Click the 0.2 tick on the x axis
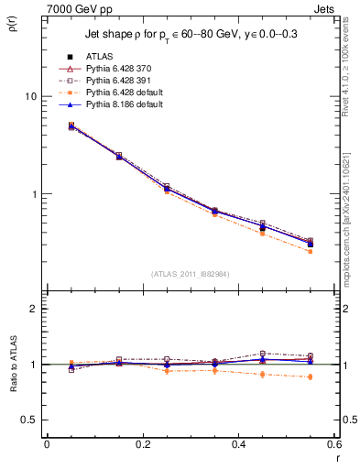point(142,444)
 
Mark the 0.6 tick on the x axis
point(335,444)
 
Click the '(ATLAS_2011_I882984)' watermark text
point(190,274)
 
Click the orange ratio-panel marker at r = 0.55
point(311,376)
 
